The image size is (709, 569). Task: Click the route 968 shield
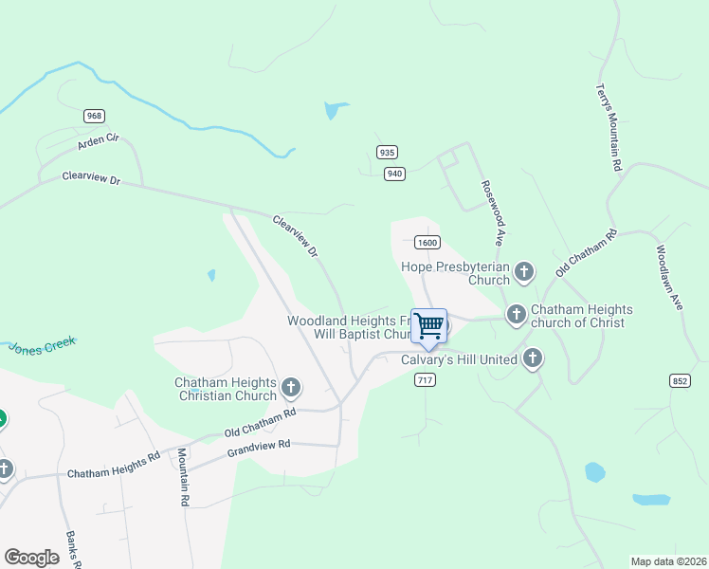(x=94, y=116)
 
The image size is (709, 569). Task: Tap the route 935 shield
(x=386, y=152)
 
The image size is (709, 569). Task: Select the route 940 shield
(x=395, y=173)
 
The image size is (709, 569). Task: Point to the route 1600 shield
(x=427, y=243)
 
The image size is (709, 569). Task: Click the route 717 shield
(x=425, y=379)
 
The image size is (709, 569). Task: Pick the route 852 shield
(x=680, y=381)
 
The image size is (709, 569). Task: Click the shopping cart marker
(x=429, y=327)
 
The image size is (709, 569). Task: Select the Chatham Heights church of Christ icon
(x=517, y=314)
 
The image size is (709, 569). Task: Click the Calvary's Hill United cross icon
(x=533, y=358)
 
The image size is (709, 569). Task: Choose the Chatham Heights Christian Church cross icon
(x=291, y=387)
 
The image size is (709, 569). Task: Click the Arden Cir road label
(x=100, y=144)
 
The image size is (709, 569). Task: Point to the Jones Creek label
(x=42, y=345)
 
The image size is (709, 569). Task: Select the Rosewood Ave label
(x=491, y=213)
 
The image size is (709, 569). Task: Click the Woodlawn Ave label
(x=668, y=278)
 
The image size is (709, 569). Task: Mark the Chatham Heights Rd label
(x=114, y=466)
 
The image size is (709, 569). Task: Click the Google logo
(x=31, y=558)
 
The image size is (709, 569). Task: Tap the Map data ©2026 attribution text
(x=668, y=561)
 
